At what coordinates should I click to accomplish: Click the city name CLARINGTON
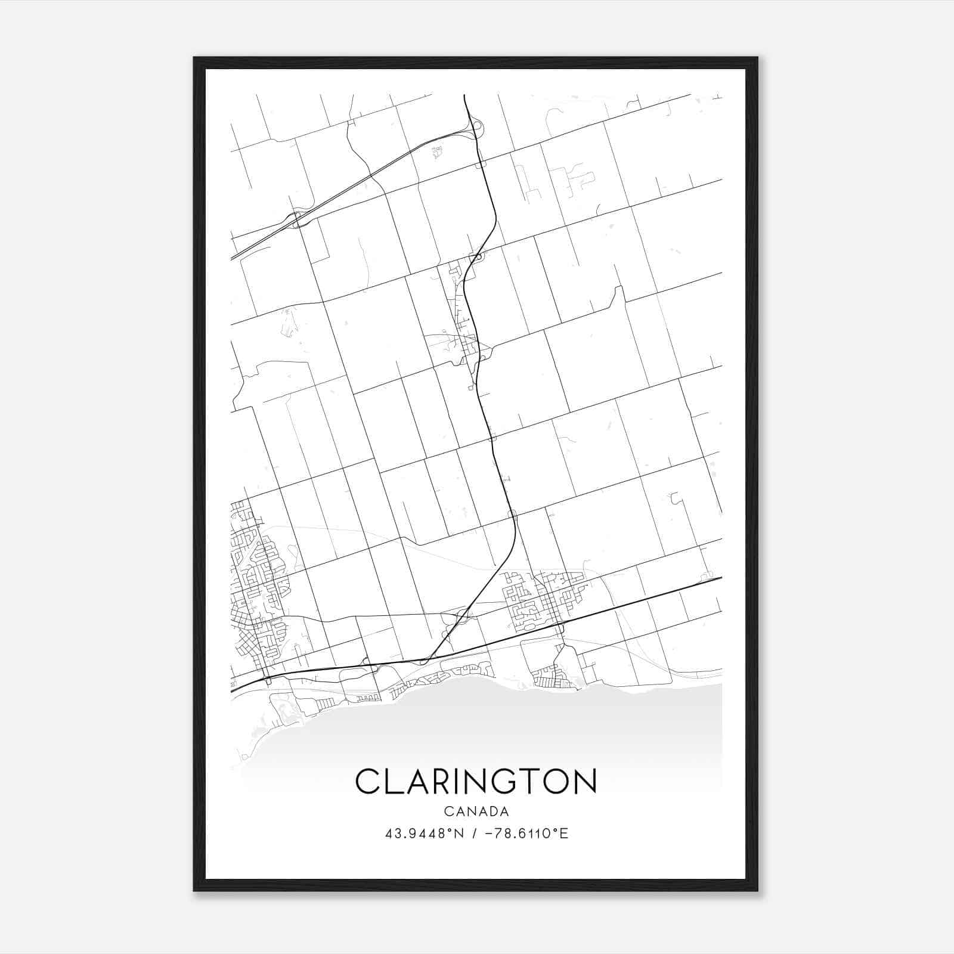click(x=476, y=781)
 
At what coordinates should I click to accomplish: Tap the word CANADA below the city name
click(x=476, y=811)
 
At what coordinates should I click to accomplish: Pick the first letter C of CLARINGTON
click(x=368, y=781)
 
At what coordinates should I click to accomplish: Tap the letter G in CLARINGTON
click(x=507, y=781)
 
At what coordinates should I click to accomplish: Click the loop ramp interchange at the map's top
click(x=479, y=128)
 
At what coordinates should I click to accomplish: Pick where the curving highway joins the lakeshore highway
click(x=425, y=661)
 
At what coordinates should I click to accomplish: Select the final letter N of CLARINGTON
click(x=586, y=781)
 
